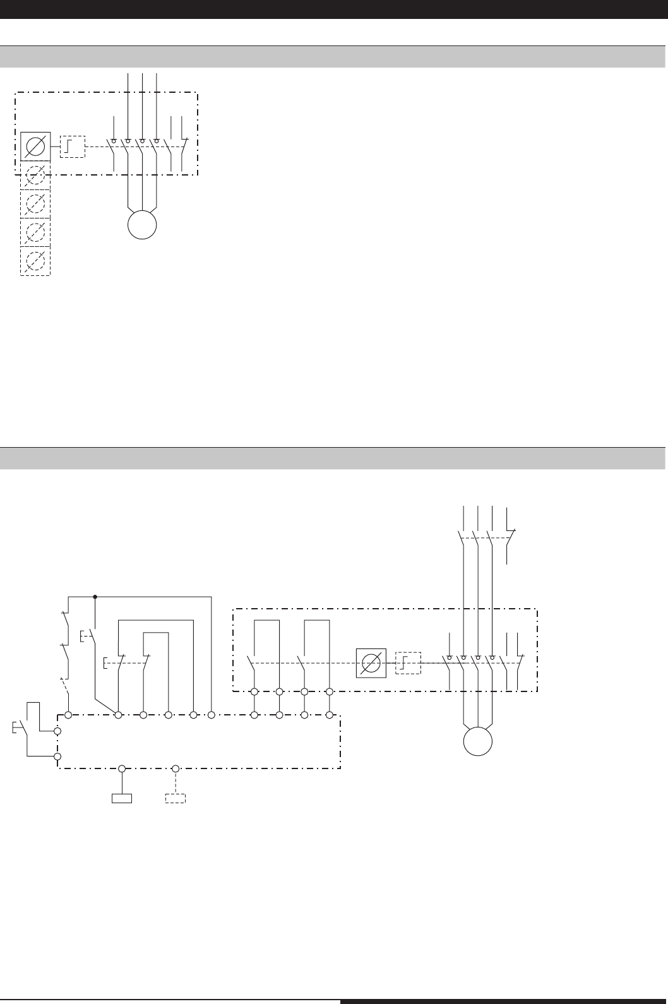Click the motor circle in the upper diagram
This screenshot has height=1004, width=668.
click(142, 224)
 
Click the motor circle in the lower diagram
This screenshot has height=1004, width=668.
click(478, 741)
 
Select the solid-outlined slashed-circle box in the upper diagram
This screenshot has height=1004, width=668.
click(35, 147)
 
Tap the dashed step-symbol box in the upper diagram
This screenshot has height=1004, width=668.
click(72, 147)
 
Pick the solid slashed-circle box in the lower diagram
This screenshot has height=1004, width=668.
click(371, 663)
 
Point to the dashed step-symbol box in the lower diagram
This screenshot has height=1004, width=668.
click(408, 663)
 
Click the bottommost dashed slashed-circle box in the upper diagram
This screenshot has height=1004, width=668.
click(35, 261)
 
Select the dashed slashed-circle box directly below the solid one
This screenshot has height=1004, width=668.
click(35, 177)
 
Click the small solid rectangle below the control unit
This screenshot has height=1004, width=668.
click(122, 798)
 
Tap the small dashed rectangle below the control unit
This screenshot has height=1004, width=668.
click(176, 798)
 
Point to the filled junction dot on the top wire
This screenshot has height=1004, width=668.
click(95, 595)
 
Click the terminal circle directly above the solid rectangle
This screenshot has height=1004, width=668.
click(122, 768)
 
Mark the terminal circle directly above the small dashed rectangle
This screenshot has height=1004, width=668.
click(176, 768)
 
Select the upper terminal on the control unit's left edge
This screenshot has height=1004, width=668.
click(58, 731)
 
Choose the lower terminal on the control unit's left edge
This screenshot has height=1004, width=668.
click(58, 756)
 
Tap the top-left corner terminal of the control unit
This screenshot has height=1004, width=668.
click(68, 715)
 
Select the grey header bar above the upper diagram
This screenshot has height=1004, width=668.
click(333, 57)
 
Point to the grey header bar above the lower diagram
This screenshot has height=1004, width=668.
click(333, 458)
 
